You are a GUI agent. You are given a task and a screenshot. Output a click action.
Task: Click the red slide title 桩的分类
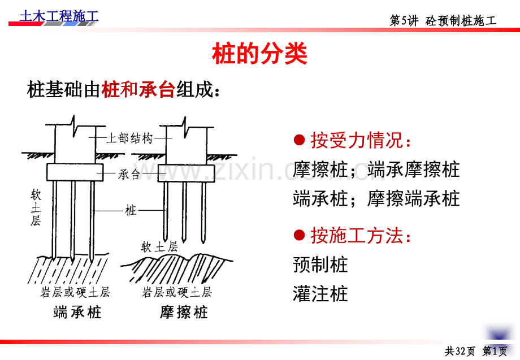click(259, 53)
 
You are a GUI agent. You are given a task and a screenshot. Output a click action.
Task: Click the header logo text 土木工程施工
click(59, 16)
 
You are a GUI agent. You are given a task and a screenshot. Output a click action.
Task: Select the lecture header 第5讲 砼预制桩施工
click(443, 20)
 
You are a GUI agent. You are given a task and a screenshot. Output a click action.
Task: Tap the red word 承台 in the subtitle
click(157, 89)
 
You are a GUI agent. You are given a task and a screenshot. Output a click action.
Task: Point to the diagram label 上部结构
click(129, 138)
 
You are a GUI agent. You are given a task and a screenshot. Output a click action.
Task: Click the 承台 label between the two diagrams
click(129, 174)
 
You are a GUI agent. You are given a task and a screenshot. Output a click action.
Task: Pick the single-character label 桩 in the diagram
click(131, 210)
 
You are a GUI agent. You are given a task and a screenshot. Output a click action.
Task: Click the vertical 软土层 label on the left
click(36, 207)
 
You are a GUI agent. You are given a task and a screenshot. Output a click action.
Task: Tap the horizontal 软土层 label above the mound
click(159, 246)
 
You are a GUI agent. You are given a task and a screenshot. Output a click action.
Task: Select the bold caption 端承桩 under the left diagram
click(77, 313)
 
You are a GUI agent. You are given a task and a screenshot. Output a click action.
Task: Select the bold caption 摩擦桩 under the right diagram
click(184, 313)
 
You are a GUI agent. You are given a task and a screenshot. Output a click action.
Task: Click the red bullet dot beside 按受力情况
click(299, 140)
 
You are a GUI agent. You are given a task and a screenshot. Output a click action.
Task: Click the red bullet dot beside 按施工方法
click(299, 235)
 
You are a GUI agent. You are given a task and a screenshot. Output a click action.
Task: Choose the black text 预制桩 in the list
click(320, 264)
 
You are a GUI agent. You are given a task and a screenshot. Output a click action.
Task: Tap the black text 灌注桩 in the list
click(320, 294)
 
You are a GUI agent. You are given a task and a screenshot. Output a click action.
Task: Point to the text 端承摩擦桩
click(414, 170)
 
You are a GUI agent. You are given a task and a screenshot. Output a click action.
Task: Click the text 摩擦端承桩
click(414, 198)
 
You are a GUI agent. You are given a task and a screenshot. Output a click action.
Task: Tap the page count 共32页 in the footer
click(460, 351)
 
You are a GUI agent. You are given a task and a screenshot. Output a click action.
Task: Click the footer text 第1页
click(495, 351)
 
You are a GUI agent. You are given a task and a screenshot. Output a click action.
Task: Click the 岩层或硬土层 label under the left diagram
click(75, 292)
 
